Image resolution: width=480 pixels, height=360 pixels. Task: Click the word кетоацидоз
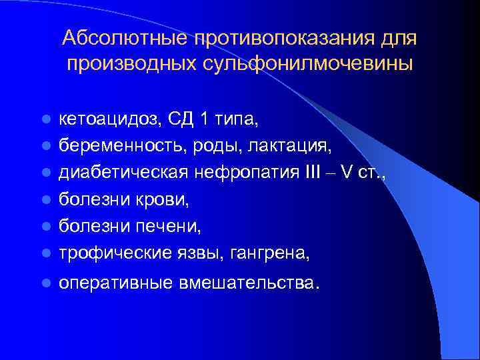107,119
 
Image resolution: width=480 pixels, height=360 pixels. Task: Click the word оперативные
115,283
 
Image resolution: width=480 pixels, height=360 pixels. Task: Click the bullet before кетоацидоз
45,120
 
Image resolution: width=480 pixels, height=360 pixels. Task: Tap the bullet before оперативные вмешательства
45,283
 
